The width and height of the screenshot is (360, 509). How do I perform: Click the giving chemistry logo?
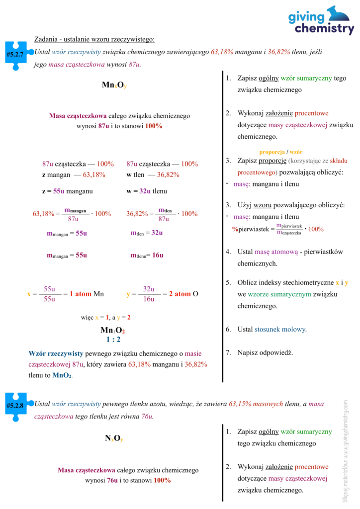click(321, 20)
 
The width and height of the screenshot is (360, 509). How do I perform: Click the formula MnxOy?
click(114, 85)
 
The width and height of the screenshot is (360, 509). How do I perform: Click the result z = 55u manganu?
click(67, 191)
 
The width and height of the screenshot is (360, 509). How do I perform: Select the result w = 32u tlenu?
click(147, 191)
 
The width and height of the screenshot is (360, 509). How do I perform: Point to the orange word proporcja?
click(271, 152)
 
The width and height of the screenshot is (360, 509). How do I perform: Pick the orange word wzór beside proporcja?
click(296, 152)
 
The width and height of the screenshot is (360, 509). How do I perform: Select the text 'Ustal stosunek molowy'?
click(272, 329)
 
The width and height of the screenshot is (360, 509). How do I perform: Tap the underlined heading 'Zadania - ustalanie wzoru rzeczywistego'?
click(94, 39)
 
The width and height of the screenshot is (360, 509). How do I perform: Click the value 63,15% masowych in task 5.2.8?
click(261, 405)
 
